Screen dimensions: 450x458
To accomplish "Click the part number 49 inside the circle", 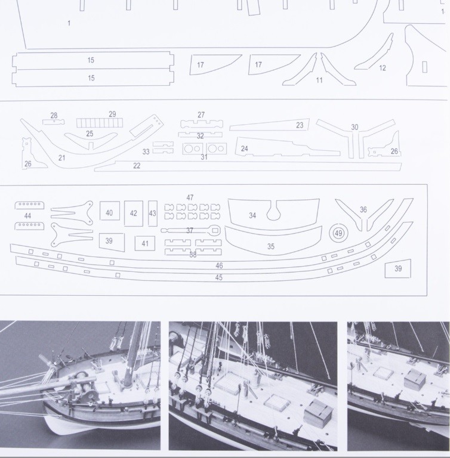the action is pyautogui.click(x=338, y=233).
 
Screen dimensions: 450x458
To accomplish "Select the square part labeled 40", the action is pyautogui.click(x=110, y=211).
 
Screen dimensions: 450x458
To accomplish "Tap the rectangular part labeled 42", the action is pyautogui.click(x=134, y=213).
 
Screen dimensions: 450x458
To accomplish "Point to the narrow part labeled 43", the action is pyautogui.click(x=153, y=213).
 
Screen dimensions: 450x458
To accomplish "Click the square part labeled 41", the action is pyautogui.click(x=145, y=243).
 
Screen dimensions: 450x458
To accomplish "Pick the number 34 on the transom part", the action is pyautogui.click(x=252, y=215).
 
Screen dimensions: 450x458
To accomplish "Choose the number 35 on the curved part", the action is pyautogui.click(x=271, y=246).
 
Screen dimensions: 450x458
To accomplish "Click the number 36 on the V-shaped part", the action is pyautogui.click(x=363, y=209).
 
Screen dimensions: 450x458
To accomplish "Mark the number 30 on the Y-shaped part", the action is pyautogui.click(x=355, y=127).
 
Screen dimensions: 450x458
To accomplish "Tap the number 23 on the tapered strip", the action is pyautogui.click(x=300, y=125).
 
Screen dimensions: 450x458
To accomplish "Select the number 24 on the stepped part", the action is pyautogui.click(x=244, y=148).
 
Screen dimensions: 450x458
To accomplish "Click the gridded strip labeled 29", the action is pyautogui.click(x=100, y=123).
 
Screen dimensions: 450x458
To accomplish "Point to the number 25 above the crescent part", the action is pyautogui.click(x=90, y=134).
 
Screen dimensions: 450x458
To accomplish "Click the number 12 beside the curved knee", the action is pyautogui.click(x=383, y=68).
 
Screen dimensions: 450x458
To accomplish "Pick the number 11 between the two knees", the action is pyautogui.click(x=319, y=80).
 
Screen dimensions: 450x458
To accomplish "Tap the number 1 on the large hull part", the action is pyautogui.click(x=69, y=23).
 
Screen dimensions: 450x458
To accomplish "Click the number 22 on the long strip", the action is pyautogui.click(x=137, y=166).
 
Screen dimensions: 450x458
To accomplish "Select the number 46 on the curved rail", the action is pyautogui.click(x=219, y=265).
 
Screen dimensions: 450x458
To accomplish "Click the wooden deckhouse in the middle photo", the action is pyautogui.click(x=319, y=411).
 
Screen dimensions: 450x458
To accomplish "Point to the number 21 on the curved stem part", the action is pyautogui.click(x=61, y=157).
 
